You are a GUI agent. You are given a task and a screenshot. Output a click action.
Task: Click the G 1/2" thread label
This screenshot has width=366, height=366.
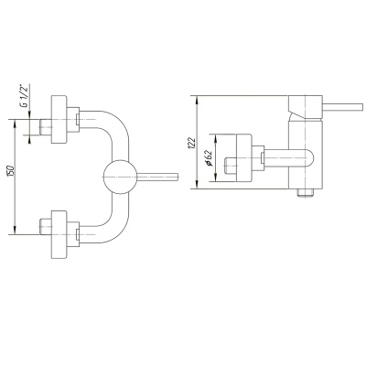pyautogui.click(x=24, y=96)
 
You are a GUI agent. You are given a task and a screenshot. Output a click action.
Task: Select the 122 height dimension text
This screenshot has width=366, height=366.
pyautogui.click(x=192, y=143)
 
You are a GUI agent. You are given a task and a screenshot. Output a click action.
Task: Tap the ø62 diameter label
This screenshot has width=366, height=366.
pyautogui.click(x=209, y=158)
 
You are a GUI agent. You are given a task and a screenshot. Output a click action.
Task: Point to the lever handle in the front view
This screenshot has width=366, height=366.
pyautogui.click(x=157, y=177)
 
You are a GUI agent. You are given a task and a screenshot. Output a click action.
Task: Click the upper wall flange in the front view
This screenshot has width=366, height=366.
pyautogui.click(x=59, y=119)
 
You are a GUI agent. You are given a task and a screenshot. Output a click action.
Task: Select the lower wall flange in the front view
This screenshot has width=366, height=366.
pyautogui.click(x=59, y=234)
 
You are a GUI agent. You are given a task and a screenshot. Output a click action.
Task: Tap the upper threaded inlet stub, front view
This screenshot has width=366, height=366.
pyautogui.click(x=46, y=127)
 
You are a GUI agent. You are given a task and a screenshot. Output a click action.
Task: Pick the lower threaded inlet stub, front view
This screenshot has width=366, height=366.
pyautogui.click(x=46, y=227)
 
